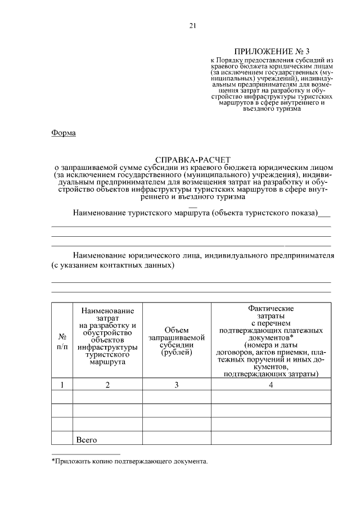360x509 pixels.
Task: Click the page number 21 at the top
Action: (192, 26)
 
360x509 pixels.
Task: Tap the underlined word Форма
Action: (63, 133)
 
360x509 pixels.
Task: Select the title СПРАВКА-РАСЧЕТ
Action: (192, 160)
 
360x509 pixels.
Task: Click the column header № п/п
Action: (62, 342)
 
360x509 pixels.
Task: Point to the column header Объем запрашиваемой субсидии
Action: (177, 341)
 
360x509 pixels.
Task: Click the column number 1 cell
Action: (62, 385)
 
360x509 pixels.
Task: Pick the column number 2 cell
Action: (107, 385)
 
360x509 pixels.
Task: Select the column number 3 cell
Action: (177, 385)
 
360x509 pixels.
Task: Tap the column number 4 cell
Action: (271, 385)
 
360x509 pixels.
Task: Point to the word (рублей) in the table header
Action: (177, 353)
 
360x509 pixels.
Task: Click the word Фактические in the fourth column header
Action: (271, 309)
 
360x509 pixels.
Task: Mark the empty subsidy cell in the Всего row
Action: (177, 439)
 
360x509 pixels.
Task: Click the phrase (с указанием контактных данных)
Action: (113, 265)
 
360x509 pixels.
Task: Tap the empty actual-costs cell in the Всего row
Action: (271, 439)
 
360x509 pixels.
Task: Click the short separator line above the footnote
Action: (85, 453)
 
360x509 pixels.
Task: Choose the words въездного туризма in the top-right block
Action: (272, 109)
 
